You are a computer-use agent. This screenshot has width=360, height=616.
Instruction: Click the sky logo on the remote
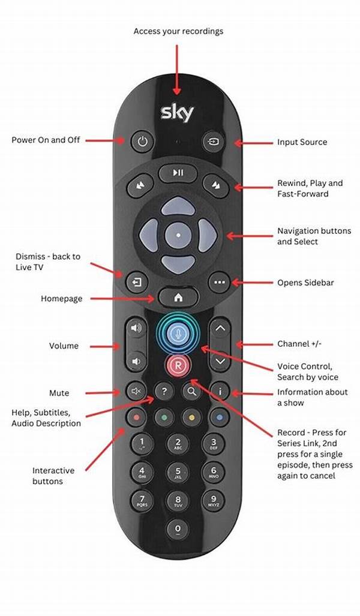(177, 113)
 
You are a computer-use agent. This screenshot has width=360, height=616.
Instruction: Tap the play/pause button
(178, 173)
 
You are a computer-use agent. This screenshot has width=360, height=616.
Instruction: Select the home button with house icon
(178, 298)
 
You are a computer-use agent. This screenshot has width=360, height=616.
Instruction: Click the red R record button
(178, 365)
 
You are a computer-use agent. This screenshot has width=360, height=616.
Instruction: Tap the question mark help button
(164, 391)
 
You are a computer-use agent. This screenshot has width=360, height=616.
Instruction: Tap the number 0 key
(178, 529)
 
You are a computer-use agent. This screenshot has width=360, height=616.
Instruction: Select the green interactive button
(164, 417)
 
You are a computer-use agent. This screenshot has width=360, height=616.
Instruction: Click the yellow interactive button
(192, 417)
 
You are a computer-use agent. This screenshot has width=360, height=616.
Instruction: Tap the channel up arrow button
(220, 329)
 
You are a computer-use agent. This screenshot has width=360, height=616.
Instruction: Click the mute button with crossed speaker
(136, 391)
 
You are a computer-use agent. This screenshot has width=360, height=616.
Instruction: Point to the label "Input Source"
(302, 142)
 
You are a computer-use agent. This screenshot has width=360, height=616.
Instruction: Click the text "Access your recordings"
(178, 31)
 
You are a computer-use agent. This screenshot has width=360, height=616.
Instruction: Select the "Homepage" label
(62, 299)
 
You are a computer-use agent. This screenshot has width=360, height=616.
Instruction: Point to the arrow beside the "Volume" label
(106, 347)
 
